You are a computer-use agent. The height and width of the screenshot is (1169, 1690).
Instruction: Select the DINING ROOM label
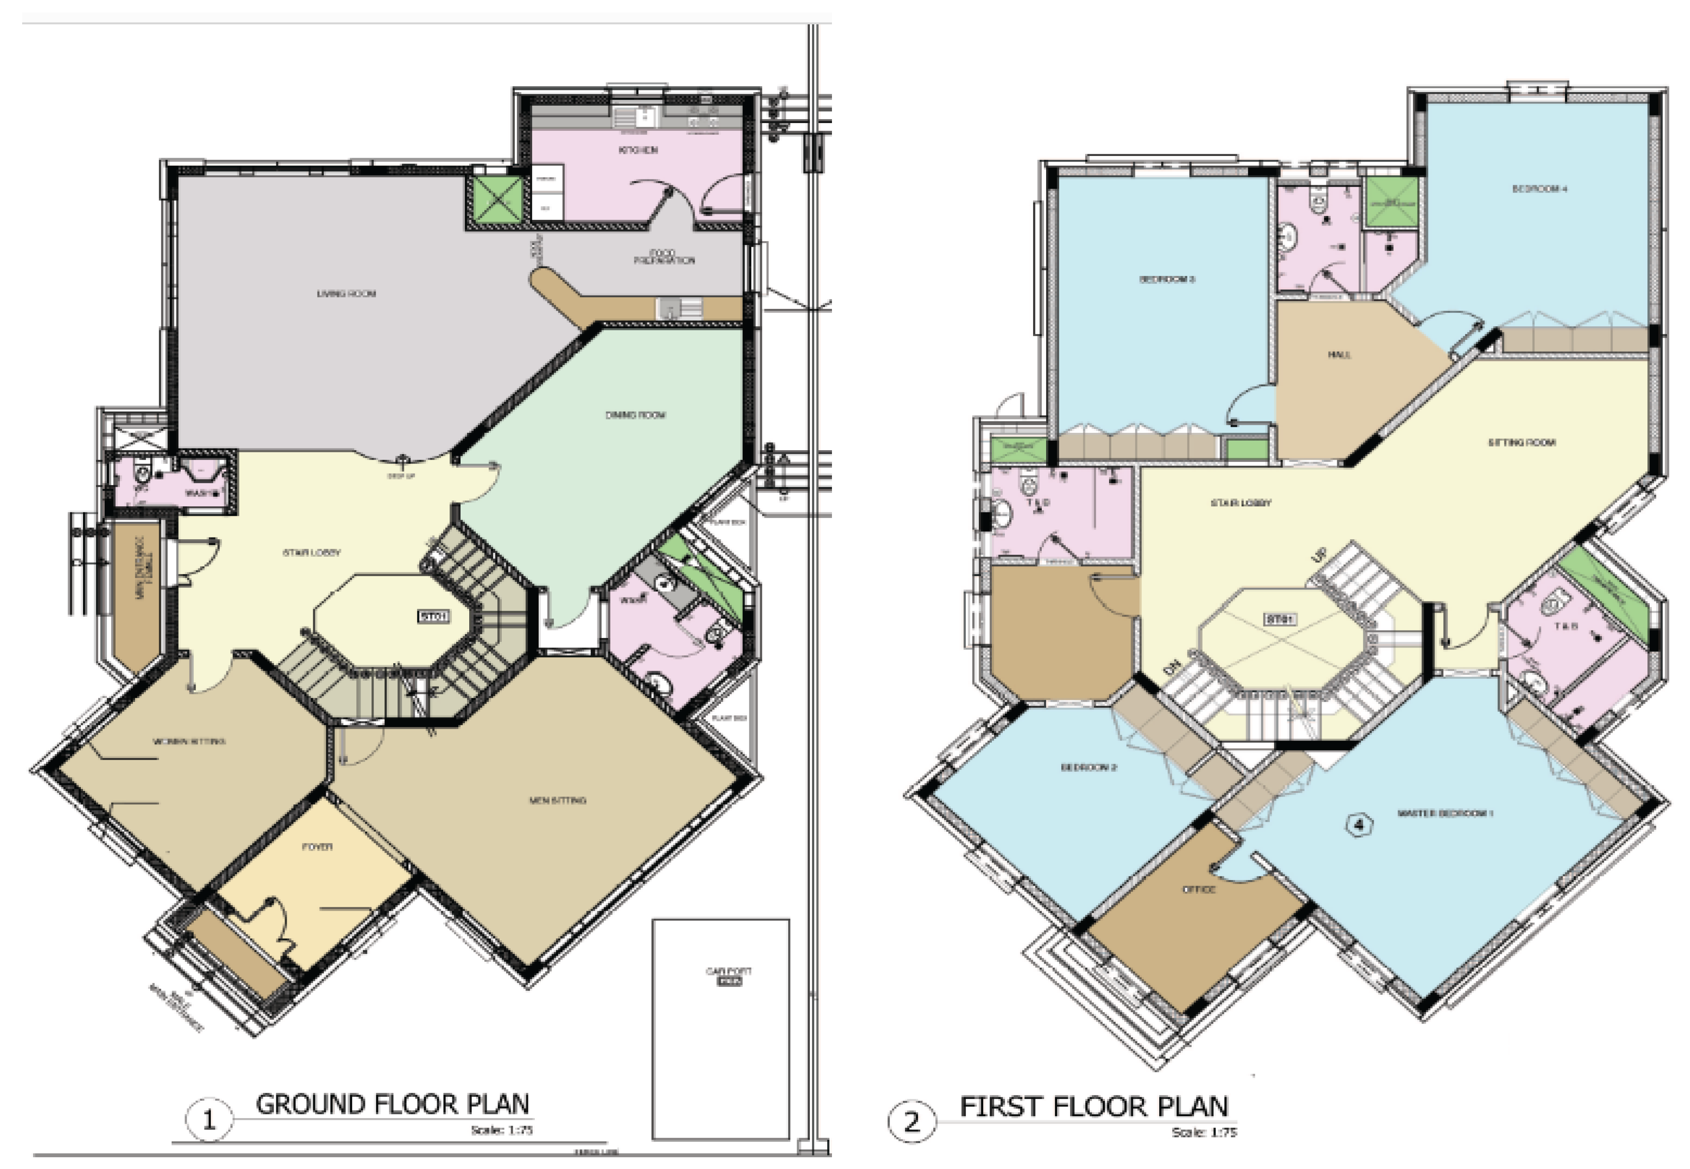[x=635, y=415]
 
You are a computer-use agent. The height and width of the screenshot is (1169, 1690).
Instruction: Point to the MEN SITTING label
[x=558, y=800]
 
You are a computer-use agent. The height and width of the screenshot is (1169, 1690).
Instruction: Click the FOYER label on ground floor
[x=317, y=847]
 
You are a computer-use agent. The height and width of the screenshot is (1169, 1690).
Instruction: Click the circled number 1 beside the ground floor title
[x=209, y=1120]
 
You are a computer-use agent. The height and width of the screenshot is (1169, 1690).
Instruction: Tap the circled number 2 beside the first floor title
[x=911, y=1122]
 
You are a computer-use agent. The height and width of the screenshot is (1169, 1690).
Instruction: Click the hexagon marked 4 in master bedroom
[x=1359, y=825]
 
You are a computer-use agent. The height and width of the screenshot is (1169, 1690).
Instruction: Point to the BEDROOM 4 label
[x=1539, y=189]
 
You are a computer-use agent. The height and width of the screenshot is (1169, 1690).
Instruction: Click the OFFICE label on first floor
[x=1199, y=889]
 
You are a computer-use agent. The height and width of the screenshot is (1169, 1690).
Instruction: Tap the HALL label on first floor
[x=1339, y=355]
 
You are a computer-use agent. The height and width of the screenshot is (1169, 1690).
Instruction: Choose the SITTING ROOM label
[x=1521, y=442]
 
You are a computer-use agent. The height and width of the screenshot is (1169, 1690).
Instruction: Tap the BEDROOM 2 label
[x=1089, y=767]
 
